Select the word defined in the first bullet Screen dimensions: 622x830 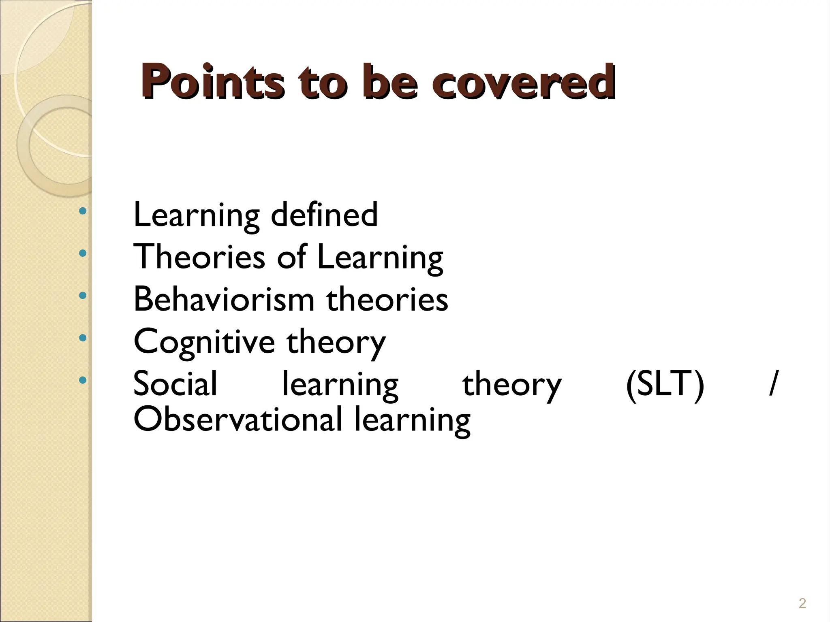pos(324,214)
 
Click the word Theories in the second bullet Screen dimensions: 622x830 pos(199,257)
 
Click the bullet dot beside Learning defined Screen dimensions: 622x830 pos(83,211)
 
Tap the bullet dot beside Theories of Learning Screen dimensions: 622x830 pos(83,253)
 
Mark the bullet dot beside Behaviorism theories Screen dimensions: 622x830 pos(83,295)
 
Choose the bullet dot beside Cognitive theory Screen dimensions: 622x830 pos(83,337)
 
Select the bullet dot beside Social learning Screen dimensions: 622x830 pos(83,380)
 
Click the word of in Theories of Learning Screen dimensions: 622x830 pos(291,257)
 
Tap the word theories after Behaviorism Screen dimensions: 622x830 pos(387,299)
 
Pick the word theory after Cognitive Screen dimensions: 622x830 pos(336,342)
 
